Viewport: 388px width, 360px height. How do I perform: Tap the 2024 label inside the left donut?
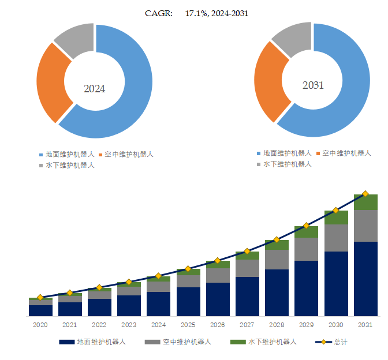95,89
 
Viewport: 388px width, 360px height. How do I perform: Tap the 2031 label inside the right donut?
313,85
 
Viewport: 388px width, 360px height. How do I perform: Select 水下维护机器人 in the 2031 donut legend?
288,164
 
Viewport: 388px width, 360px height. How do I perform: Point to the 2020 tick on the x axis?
40,325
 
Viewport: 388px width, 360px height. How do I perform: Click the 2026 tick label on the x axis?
217,325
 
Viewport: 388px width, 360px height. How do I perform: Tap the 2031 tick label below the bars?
365,325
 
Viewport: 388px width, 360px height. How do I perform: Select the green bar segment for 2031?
365,202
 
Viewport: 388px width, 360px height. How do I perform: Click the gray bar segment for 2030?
336,238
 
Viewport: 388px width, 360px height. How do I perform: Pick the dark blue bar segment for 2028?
277,292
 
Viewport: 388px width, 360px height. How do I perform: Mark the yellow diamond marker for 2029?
306,226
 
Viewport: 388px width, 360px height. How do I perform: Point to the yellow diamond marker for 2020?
40,297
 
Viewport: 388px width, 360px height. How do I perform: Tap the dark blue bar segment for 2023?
129,306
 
